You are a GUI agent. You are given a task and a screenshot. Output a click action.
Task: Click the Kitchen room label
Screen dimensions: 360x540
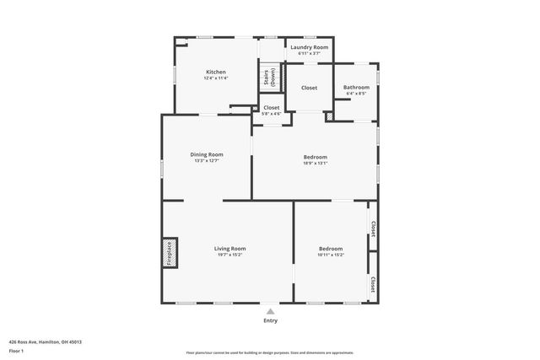(215, 73)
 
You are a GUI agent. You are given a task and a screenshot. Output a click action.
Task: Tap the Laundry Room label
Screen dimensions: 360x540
(309, 47)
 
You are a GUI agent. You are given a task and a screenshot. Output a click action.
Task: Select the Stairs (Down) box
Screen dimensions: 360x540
(269, 77)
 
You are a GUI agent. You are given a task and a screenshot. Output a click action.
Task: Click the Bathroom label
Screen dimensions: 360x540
(356, 88)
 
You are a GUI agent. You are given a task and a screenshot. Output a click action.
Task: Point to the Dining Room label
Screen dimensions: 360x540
(206, 154)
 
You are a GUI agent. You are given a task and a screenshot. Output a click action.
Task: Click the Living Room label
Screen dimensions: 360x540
(229, 249)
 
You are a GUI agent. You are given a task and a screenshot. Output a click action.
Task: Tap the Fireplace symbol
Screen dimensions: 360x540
(169, 254)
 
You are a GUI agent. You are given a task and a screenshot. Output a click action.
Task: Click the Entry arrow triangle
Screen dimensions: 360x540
(270, 311)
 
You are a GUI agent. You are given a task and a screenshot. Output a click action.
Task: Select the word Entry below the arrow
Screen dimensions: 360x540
(270, 320)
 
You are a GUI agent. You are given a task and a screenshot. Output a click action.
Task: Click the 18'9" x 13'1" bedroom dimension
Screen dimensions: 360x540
(315, 164)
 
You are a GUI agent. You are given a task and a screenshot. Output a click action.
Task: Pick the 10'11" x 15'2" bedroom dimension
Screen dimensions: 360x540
(331, 255)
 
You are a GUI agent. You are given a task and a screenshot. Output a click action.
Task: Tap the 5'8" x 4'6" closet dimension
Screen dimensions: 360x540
(271, 114)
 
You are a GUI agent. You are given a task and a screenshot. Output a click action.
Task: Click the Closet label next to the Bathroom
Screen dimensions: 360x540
(309, 88)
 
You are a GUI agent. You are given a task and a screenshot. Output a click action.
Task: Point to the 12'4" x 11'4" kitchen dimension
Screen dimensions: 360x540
(215, 79)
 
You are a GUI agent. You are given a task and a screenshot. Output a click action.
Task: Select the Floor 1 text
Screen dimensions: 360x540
(15, 350)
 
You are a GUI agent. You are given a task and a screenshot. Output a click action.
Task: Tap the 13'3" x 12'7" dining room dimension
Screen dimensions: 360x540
(206, 161)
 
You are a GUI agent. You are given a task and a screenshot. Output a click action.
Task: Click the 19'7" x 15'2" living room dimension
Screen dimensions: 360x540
(229, 255)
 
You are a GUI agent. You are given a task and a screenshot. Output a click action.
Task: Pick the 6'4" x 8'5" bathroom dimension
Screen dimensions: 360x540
(356, 94)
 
